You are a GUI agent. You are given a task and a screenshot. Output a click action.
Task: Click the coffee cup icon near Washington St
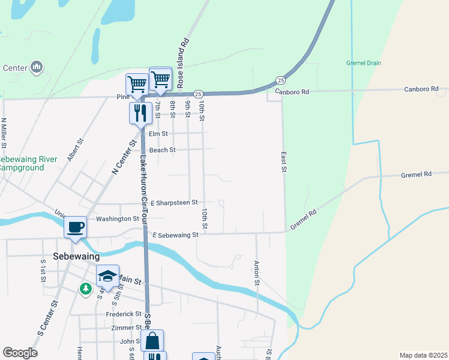pos(76,227)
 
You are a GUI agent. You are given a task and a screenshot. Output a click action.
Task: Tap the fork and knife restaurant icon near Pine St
pos(140,112)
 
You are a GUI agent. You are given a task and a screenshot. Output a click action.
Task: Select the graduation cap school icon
pos(107,276)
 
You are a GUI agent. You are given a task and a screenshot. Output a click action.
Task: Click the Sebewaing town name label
pos(75,256)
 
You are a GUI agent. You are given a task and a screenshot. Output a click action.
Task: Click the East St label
pos(284,162)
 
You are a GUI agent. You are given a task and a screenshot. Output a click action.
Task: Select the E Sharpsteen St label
pos(174,203)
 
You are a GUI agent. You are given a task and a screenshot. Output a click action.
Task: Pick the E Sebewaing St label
pos(175,235)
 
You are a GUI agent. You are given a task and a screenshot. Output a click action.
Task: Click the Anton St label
pos(256,274)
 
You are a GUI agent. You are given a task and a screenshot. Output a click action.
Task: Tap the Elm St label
pos(158,134)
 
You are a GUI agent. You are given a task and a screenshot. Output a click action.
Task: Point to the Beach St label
pos(162,150)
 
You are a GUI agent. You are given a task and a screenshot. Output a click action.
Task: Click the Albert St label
pos(76,150)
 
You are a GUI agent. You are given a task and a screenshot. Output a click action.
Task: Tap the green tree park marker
pos(86,289)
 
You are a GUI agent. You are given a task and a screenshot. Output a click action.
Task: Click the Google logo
pos(20,353)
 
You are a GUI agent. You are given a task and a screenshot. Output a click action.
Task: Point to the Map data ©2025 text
pos(423,355)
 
